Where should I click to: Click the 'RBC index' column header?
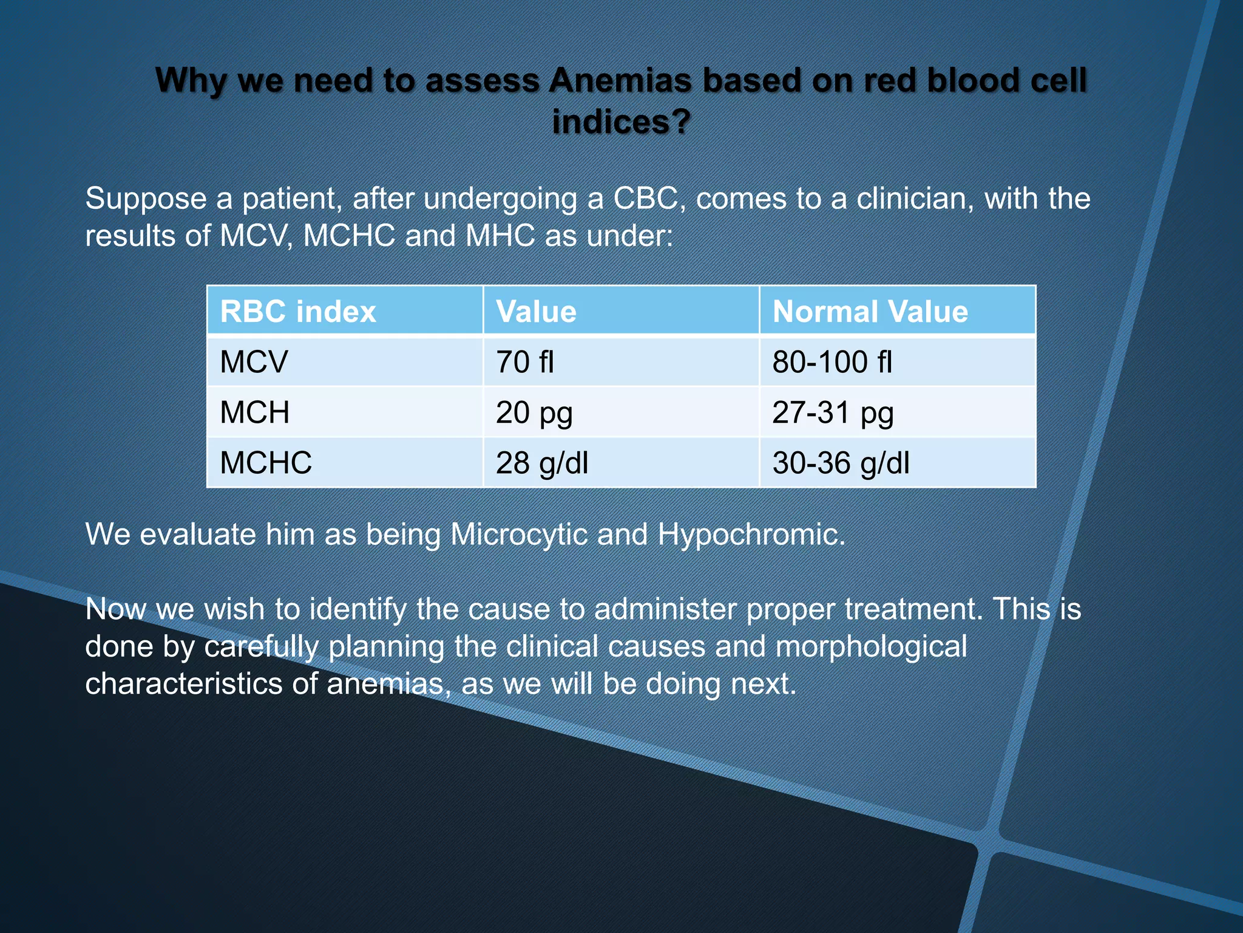click(298, 312)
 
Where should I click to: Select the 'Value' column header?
click(536, 312)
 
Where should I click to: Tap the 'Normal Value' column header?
click(870, 312)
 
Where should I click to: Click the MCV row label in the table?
click(254, 362)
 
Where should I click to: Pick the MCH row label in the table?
click(254, 412)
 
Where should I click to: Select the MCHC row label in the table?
click(266, 463)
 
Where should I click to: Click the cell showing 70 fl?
click(525, 362)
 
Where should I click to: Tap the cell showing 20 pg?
click(534, 413)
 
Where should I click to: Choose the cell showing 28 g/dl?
click(542, 463)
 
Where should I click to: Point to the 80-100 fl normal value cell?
click(832, 362)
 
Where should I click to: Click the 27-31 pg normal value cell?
click(833, 413)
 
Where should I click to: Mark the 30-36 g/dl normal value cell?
click(841, 463)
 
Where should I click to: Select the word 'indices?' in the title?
click(621, 121)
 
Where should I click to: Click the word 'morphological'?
click(871, 647)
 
